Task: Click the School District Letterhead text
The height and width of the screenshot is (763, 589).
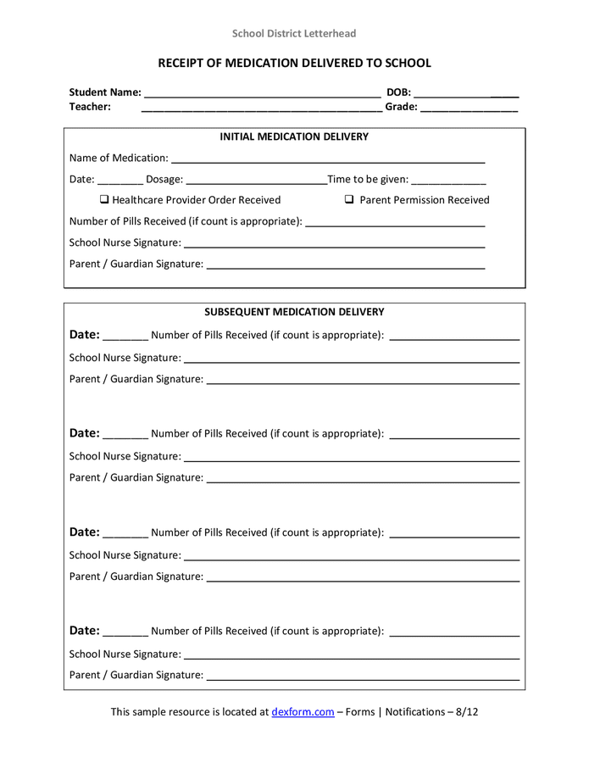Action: (294, 34)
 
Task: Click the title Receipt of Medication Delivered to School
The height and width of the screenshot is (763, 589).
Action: (294, 64)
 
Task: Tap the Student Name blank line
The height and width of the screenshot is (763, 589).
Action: (262, 94)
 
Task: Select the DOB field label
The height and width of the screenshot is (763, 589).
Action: (398, 92)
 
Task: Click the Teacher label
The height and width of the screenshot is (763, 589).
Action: (90, 107)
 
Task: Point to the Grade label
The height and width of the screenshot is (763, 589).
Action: (401, 107)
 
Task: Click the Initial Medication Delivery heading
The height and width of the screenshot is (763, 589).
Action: (294, 136)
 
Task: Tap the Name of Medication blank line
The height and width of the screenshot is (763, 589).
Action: (327, 160)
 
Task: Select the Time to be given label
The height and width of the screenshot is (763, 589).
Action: (368, 179)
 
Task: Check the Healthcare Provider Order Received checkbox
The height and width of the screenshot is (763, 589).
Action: (103, 200)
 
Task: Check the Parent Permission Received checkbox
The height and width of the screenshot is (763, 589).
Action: (349, 200)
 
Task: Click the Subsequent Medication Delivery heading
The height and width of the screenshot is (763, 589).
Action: (294, 312)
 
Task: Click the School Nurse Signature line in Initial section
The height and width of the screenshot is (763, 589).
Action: (334, 246)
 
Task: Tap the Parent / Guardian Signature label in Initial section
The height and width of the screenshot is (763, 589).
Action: (136, 264)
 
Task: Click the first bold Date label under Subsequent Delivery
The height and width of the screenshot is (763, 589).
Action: (84, 335)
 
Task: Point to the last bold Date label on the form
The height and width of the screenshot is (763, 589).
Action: (84, 631)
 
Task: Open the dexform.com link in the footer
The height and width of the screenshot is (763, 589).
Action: (303, 712)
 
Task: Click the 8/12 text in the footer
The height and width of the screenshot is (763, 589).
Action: (467, 712)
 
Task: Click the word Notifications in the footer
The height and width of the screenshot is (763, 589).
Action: (415, 712)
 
